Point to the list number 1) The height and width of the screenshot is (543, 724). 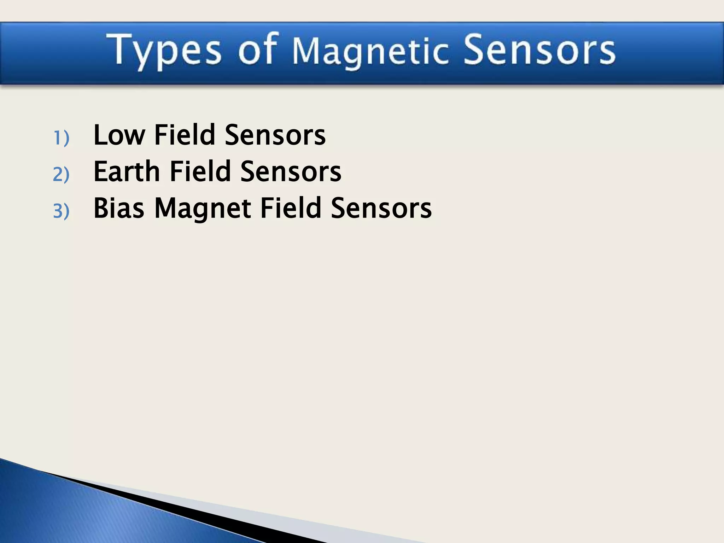coord(61,138)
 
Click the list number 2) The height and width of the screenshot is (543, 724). coord(61,174)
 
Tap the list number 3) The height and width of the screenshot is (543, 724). coord(61,211)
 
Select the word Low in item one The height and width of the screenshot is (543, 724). coord(119,135)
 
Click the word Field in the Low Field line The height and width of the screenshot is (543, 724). coord(185,135)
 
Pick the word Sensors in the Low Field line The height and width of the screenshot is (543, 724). coord(275,135)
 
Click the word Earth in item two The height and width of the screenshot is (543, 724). coord(127,171)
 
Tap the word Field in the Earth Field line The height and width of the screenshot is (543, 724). coord(200,171)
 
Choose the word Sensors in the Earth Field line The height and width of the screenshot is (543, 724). coord(291,171)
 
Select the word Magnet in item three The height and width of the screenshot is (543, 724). coord(203,209)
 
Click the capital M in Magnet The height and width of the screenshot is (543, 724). coord(165,208)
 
